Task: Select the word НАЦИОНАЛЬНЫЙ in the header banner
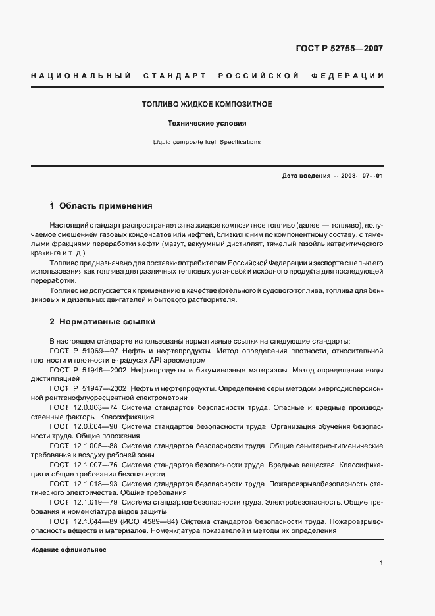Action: coord(80,76)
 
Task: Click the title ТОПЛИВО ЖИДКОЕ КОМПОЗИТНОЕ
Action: coord(207,105)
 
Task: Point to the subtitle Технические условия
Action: coord(207,123)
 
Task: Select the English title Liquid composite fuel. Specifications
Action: coord(207,141)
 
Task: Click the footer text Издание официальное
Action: coord(68,549)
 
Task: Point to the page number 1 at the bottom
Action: coord(382,563)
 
